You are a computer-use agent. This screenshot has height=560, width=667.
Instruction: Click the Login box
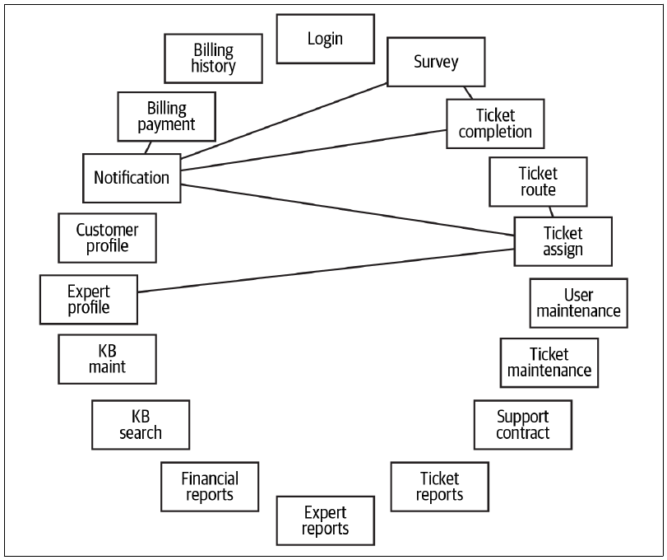pyautogui.click(x=326, y=39)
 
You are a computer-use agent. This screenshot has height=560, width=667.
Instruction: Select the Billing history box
pyautogui.click(x=214, y=58)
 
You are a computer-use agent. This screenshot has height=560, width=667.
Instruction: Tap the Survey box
pyautogui.click(x=436, y=62)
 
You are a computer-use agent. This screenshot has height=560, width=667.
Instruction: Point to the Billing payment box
pyautogui.click(x=167, y=116)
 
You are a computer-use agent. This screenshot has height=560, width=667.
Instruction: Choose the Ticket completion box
pyautogui.click(x=495, y=124)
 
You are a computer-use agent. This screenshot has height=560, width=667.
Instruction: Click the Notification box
pyautogui.click(x=132, y=178)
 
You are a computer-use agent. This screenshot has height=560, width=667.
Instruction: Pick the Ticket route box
pyautogui.click(x=538, y=182)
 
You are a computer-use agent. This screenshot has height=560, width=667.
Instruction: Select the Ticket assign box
pyautogui.click(x=563, y=241)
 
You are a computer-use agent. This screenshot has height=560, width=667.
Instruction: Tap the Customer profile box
pyautogui.click(x=107, y=238)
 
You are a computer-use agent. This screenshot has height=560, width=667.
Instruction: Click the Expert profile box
pyautogui.click(x=89, y=300)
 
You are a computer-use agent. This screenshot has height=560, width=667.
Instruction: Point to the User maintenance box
pyautogui.click(x=578, y=303)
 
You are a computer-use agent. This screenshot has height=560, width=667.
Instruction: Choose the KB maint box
pyautogui.click(x=107, y=359)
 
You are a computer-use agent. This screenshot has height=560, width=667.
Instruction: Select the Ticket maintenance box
pyautogui.click(x=549, y=363)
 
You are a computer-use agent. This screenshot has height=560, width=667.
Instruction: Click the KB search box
pyautogui.click(x=141, y=425)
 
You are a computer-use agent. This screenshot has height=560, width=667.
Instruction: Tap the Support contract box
pyautogui.click(x=523, y=425)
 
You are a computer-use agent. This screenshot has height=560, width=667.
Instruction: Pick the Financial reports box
pyautogui.click(x=210, y=487)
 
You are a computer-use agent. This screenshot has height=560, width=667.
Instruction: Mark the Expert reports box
pyautogui.click(x=326, y=520)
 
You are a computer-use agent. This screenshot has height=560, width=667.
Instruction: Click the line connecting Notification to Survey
pyautogui.click(x=285, y=121)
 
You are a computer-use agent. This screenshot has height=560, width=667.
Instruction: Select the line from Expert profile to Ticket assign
pyautogui.click(x=326, y=270)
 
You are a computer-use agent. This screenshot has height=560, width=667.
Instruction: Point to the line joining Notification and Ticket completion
pyautogui.click(x=313, y=150)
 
